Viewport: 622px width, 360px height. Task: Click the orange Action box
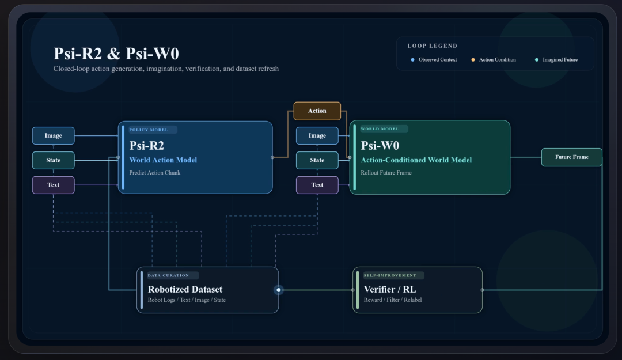(317, 111)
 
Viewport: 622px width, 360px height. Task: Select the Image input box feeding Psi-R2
(53, 135)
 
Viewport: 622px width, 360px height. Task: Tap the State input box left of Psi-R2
(53, 160)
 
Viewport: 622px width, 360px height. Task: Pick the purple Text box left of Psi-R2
(53, 185)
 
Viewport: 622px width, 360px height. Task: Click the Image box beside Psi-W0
(317, 135)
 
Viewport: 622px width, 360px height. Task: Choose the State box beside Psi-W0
(317, 160)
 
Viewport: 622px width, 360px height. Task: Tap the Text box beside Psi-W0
(317, 185)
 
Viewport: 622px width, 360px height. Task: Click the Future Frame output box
(572, 157)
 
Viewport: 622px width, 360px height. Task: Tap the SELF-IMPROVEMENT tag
(393, 275)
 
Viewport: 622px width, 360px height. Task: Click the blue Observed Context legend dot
(412, 60)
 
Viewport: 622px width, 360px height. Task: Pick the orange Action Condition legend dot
(473, 60)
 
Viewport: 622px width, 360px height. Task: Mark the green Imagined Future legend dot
(537, 60)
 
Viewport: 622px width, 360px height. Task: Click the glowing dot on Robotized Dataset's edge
(279, 290)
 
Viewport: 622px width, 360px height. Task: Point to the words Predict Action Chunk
(155, 173)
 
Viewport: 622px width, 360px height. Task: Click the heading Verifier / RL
(390, 289)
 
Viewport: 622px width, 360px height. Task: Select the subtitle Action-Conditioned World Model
(416, 160)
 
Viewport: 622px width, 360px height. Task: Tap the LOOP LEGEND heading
(433, 46)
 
